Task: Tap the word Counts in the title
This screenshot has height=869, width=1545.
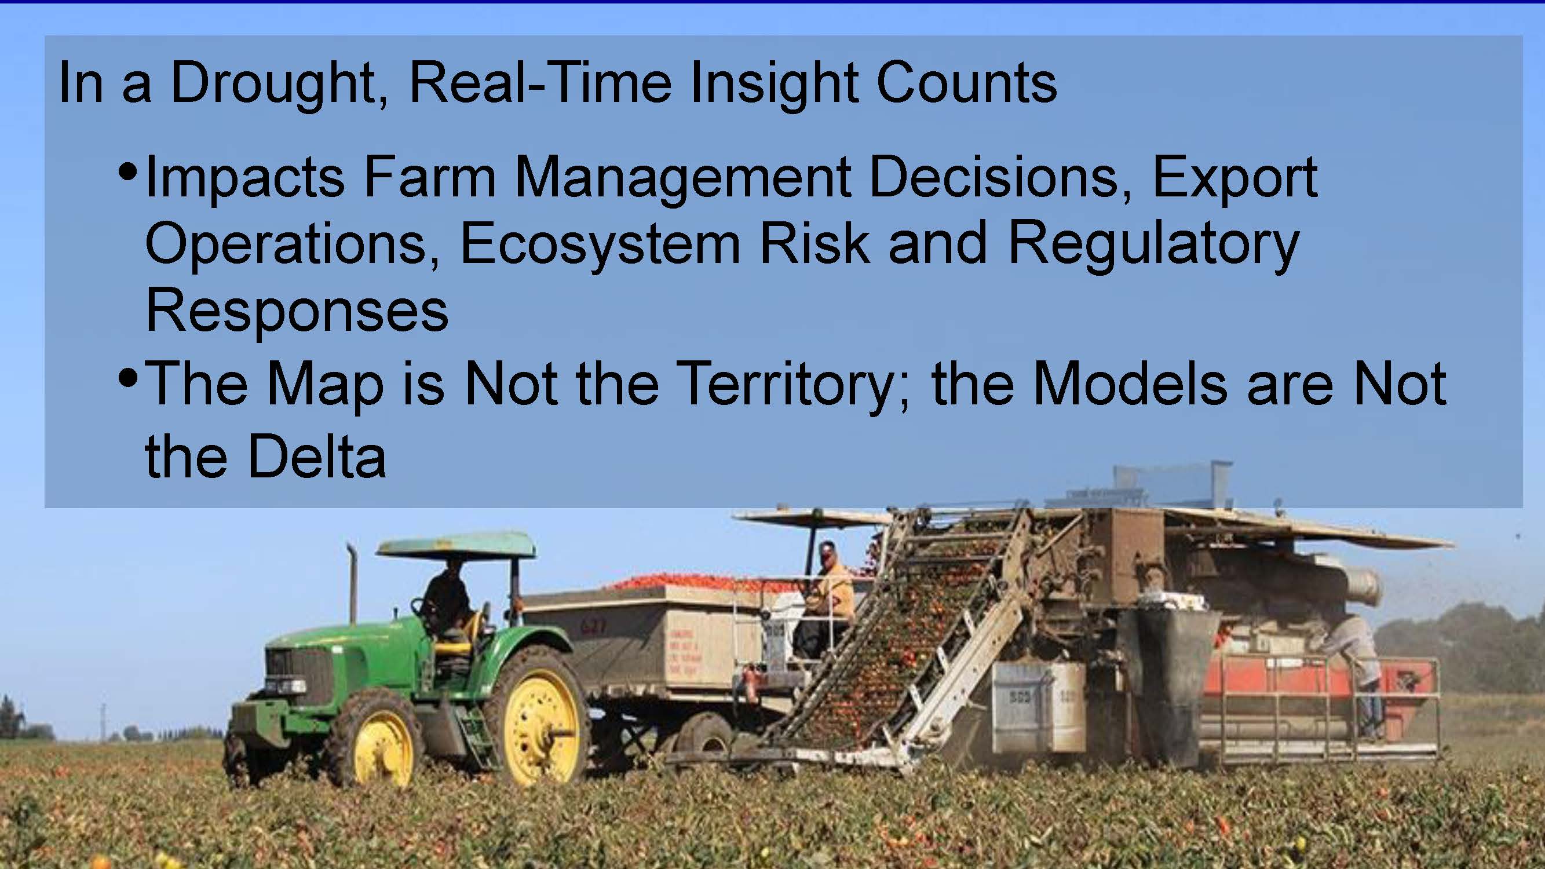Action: click(x=966, y=83)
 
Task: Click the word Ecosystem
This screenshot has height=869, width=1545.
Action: click(x=600, y=246)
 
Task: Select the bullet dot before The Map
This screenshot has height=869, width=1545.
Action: click(x=129, y=378)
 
